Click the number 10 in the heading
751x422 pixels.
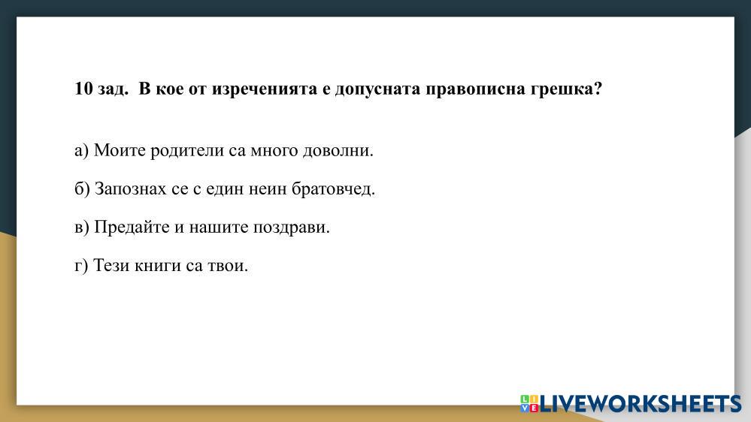(x=83, y=89)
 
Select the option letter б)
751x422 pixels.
(x=83, y=189)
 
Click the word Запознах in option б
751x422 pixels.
(x=131, y=189)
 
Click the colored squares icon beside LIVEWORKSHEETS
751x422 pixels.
(x=529, y=403)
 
